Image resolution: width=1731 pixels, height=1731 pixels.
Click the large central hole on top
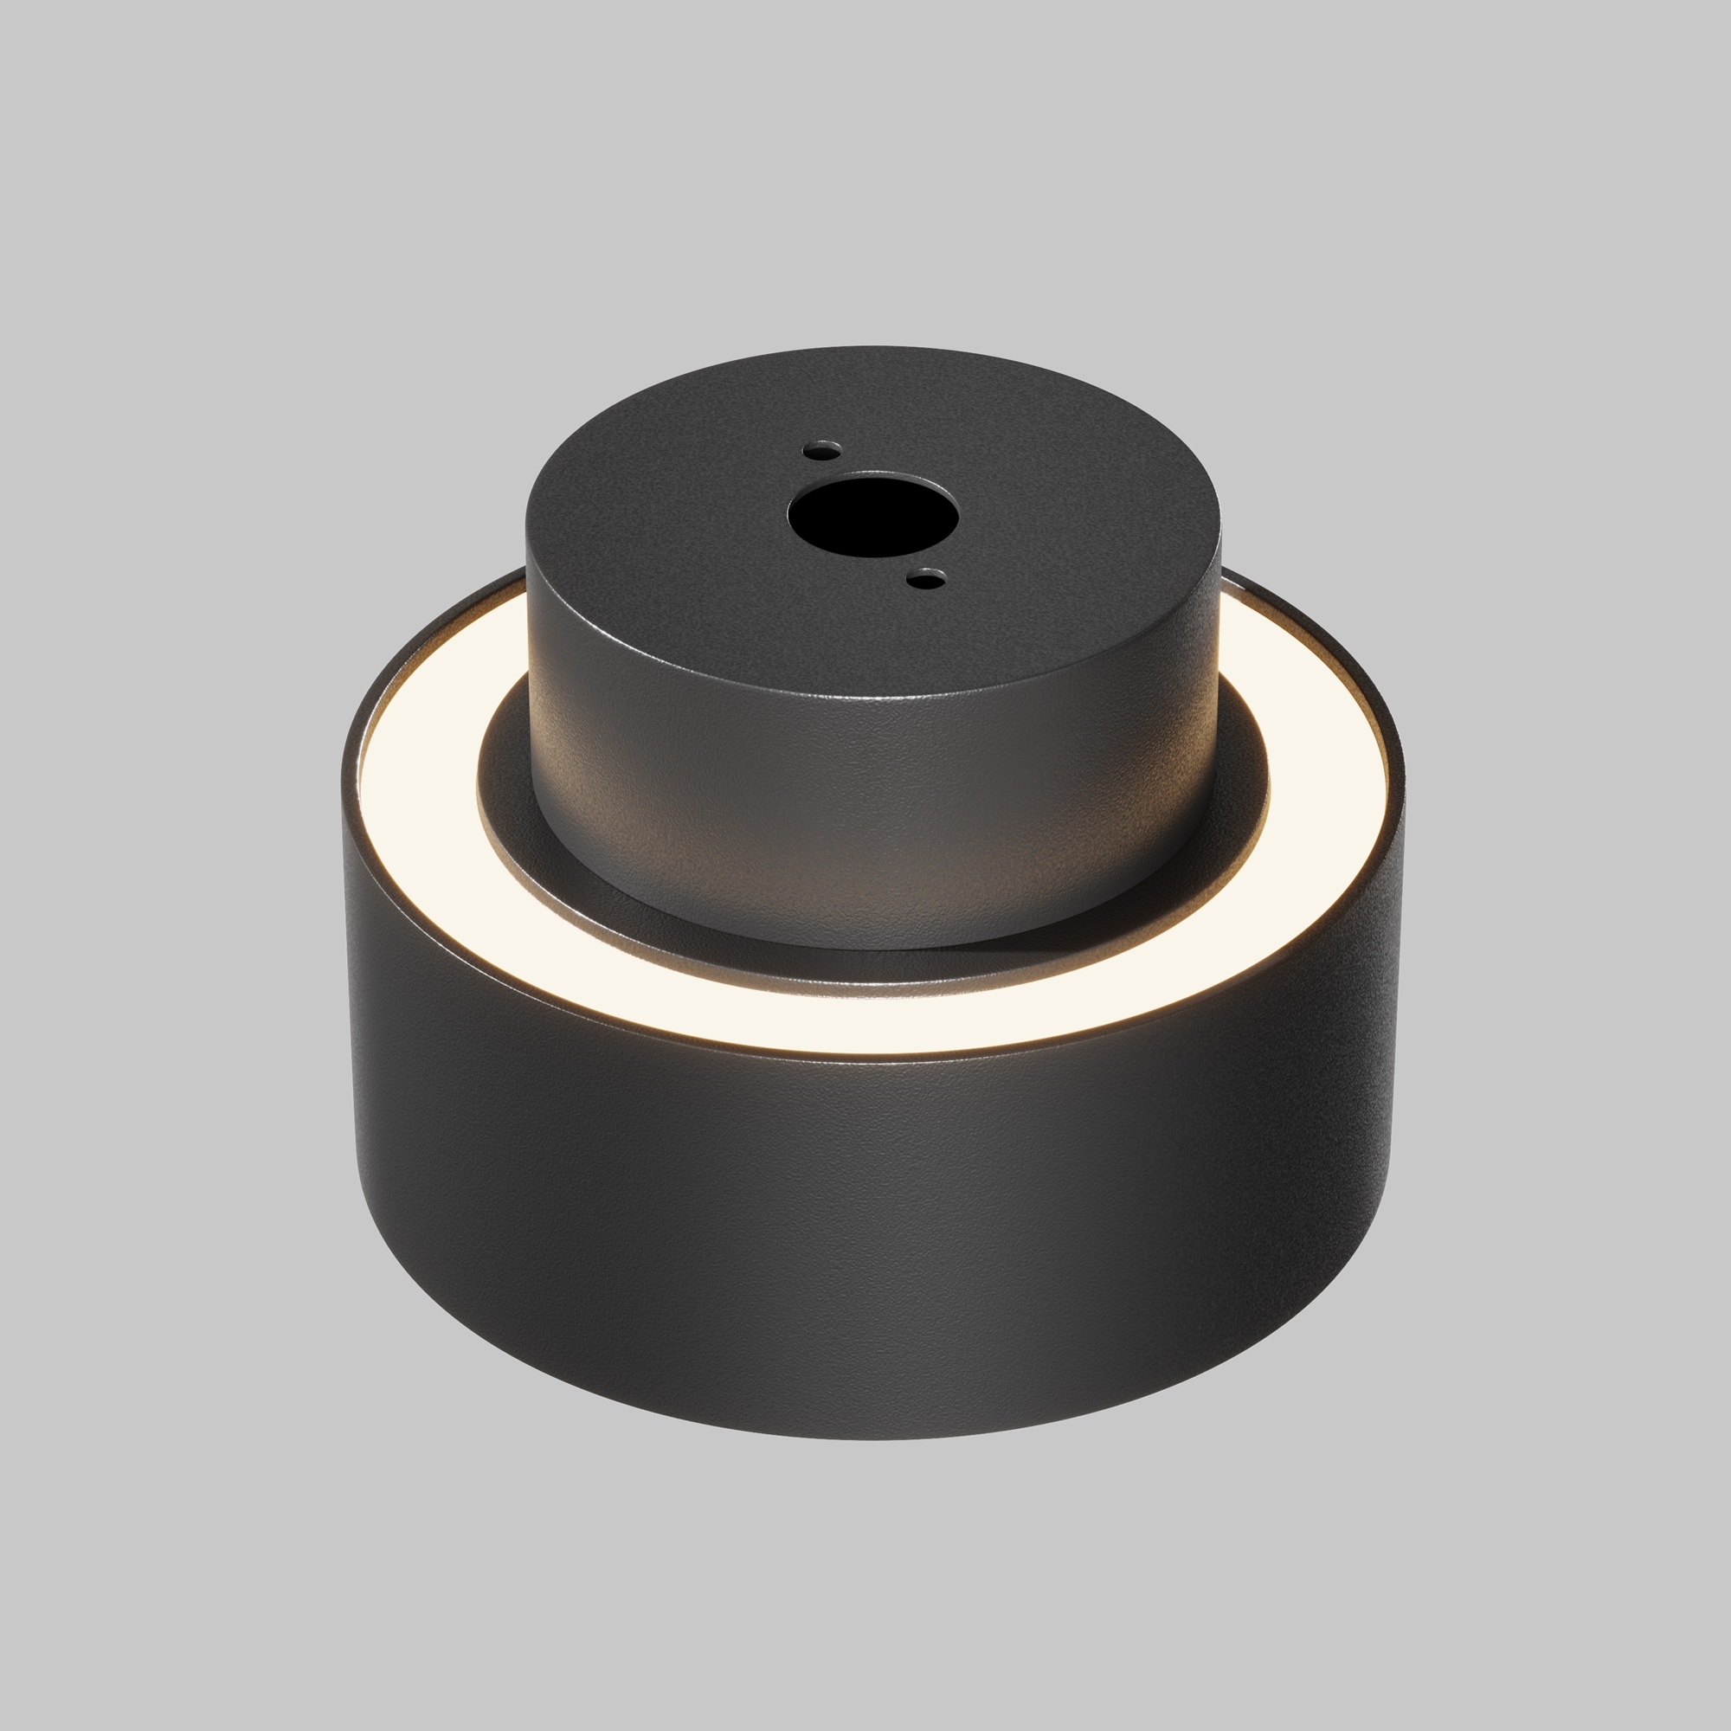(872, 517)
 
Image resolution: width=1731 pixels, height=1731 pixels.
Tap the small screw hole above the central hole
(821, 449)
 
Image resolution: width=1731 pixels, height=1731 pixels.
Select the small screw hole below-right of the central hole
(926, 580)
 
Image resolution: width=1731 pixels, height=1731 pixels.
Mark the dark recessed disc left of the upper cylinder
(506, 788)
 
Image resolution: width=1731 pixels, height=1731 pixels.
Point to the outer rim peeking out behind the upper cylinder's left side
(502, 578)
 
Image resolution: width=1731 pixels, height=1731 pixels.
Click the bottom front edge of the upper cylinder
(873, 948)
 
